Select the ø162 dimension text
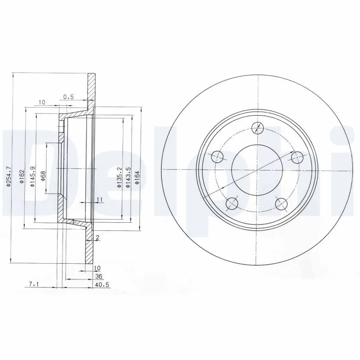click(22, 178)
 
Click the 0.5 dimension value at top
click(68, 96)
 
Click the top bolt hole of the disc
click(257, 128)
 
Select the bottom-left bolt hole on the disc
click(232, 203)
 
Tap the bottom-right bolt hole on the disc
click(282, 203)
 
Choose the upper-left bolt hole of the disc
click(217, 157)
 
